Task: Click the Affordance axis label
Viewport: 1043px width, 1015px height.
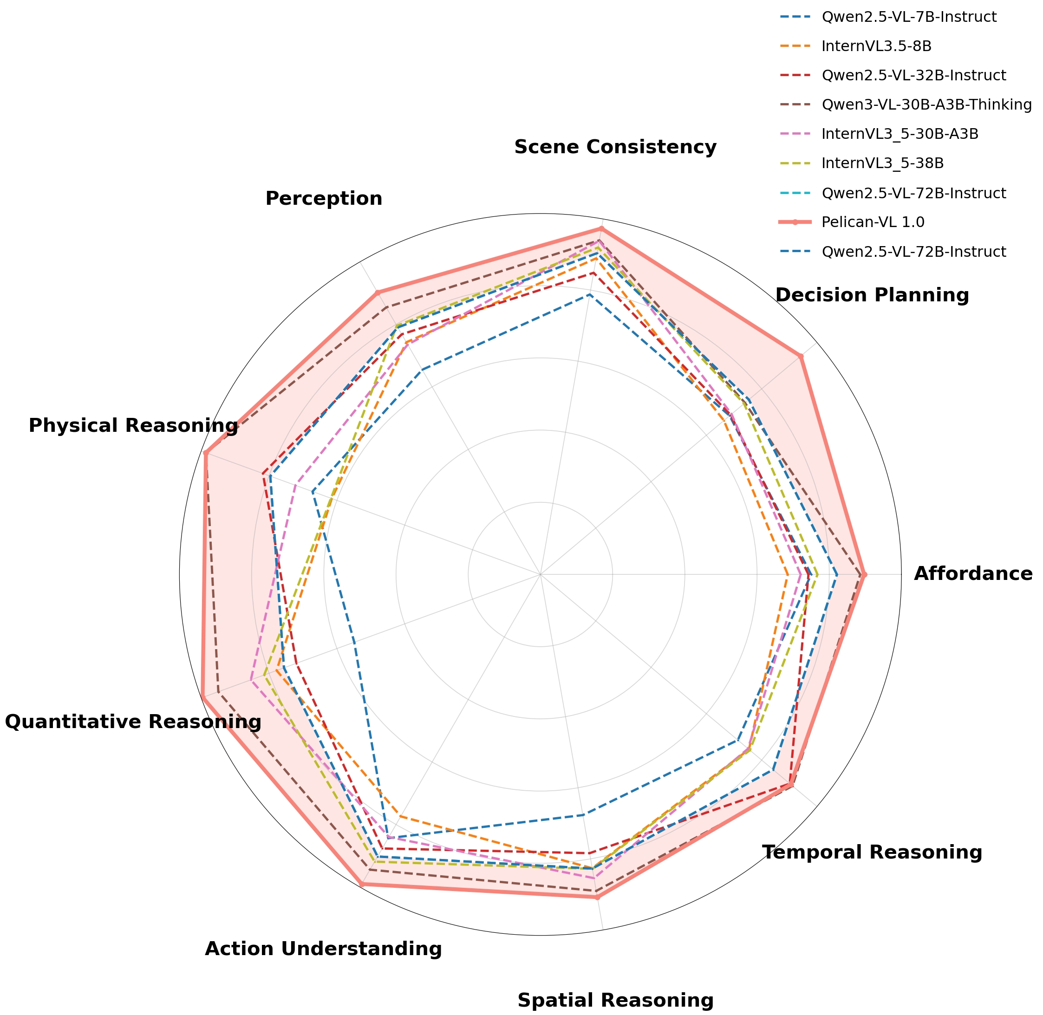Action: [972, 574]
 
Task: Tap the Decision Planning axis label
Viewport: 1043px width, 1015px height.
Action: [872, 295]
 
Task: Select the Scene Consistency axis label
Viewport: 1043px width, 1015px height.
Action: [615, 147]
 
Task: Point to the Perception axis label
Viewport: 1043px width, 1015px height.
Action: [324, 199]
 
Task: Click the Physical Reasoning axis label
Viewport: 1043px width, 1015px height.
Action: [133, 426]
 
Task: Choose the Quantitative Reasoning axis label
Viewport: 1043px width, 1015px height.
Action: [133, 722]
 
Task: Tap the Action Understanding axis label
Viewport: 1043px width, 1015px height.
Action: [323, 950]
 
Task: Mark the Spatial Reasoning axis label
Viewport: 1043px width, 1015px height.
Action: [615, 1001]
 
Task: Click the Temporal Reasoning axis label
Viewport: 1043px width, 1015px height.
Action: [872, 853]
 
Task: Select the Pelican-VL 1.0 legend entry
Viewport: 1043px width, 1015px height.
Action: [873, 222]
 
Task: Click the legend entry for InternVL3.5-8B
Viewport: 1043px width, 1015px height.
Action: [876, 46]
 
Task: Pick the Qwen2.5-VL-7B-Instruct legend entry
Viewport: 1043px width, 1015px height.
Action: [909, 17]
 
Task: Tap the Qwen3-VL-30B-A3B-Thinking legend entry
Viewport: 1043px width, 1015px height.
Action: [926, 105]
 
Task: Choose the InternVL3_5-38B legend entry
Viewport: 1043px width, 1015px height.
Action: [882, 163]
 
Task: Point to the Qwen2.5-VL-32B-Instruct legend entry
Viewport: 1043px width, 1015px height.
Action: [913, 76]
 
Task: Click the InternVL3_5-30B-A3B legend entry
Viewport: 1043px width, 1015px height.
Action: [900, 134]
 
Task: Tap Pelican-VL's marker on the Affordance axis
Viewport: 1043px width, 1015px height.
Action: [864, 574]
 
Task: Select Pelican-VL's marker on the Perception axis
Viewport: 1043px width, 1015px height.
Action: [377, 292]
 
